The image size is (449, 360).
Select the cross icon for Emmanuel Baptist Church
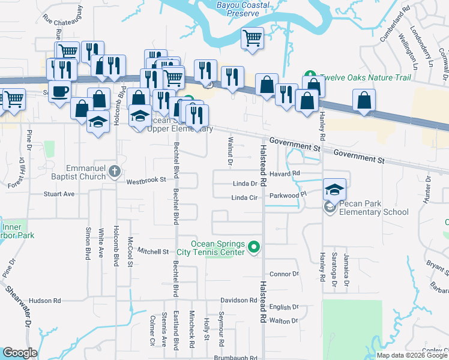[x=115, y=173]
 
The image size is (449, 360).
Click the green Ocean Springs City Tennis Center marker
[x=255, y=247]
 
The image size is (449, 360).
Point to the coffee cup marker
[x=60, y=91]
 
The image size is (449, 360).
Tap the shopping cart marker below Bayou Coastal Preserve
[x=253, y=39]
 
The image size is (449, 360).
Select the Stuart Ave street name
[x=59, y=194]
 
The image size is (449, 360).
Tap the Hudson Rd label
[x=45, y=301]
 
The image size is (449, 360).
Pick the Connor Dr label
[x=284, y=274]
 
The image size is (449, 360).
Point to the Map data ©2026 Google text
[x=411, y=355]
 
